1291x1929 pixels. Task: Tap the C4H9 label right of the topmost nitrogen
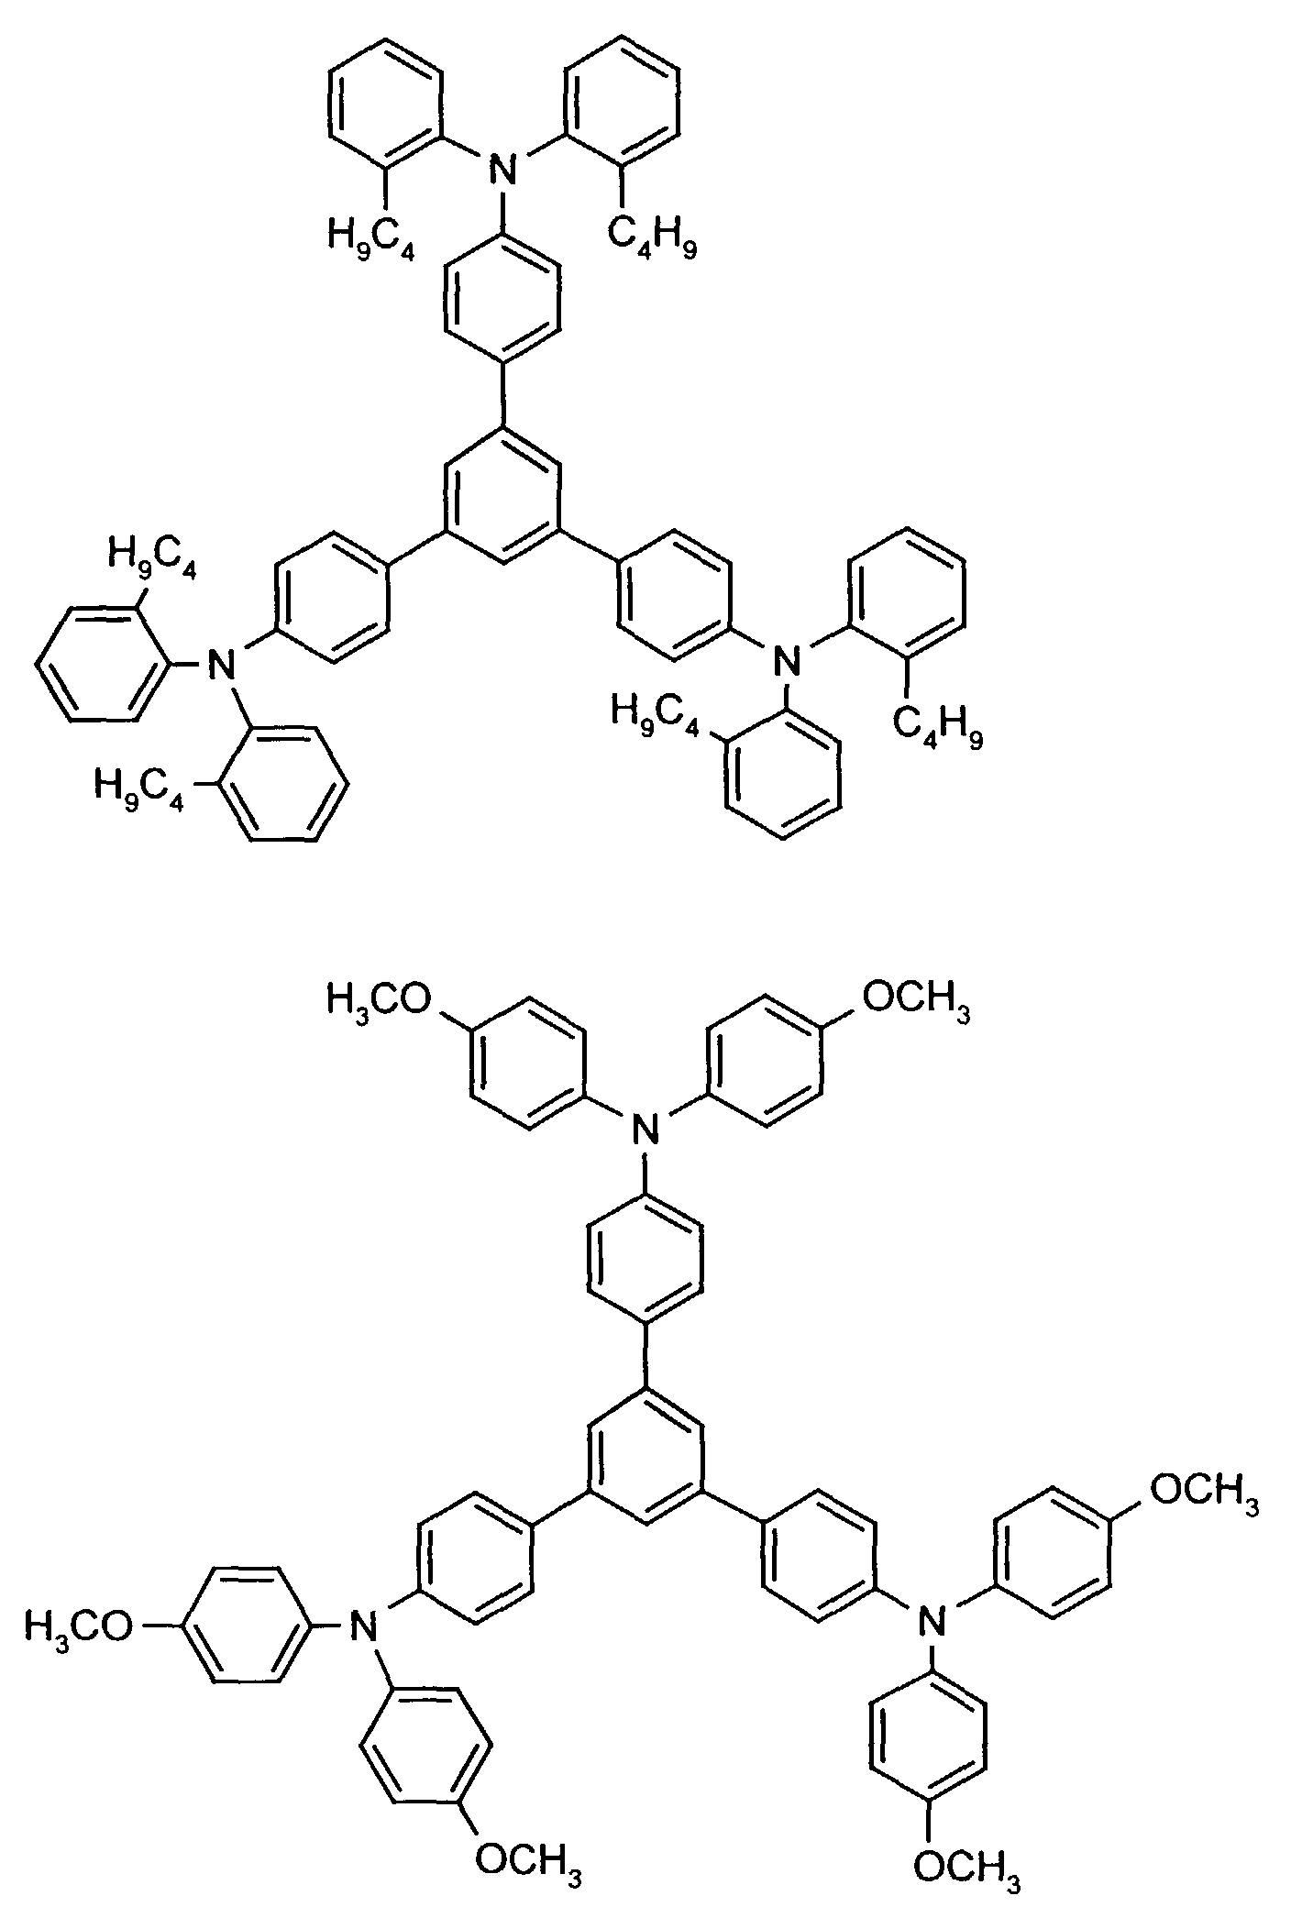pyautogui.click(x=652, y=241)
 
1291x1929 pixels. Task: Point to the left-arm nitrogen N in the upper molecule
pyautogui.click(x=218, y=662)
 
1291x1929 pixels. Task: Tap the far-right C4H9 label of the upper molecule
pyautogui.click(x=936, y=731)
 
